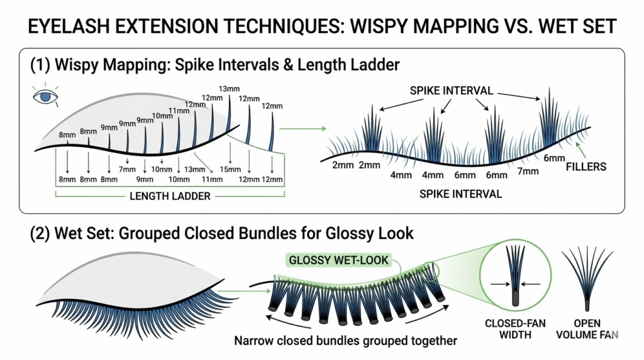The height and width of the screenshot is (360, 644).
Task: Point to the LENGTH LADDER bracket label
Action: tap(170, 196)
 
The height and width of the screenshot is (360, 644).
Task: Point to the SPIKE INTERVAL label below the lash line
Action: tap(460, 194)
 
